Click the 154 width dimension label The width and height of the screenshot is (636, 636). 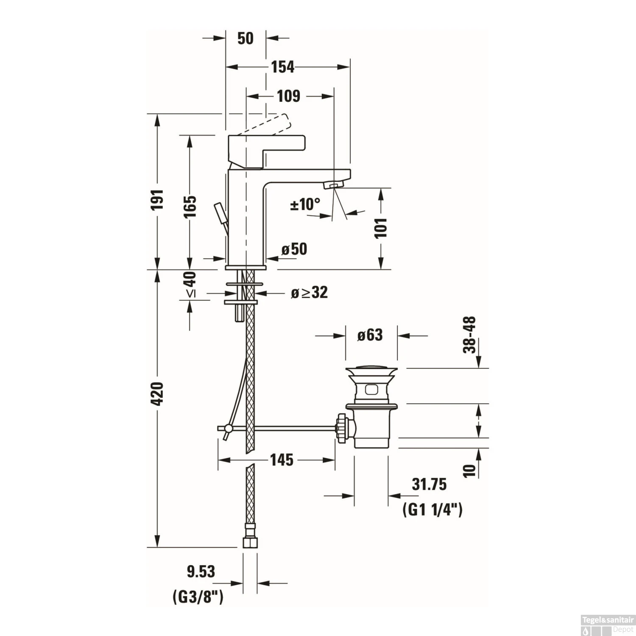coord(282,67)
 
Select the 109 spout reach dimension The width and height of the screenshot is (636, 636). coord(288,96)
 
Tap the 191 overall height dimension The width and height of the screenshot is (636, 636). coord(157,199)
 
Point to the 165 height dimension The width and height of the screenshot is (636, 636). coord(190,206)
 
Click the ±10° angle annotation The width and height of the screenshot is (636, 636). coord(305,204)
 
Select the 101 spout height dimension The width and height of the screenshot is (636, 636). coord(381,228)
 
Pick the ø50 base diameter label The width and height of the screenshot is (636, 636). coord(294,249)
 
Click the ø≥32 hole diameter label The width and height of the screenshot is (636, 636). coord(309,293)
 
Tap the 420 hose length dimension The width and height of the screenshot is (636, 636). coord(157,393)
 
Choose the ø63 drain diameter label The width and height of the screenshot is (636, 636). coord(370,335)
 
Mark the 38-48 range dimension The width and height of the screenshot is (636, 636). coord(469,335)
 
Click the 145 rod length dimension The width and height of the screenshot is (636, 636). coord(282,460)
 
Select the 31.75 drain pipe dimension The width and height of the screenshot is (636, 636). coord(429,484)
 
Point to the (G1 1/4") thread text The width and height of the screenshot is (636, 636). coord(432,509)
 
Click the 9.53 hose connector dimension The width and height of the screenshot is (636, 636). coord(201,572)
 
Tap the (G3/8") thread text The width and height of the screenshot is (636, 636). coord(198,597)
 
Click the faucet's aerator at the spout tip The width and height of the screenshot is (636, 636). coord(333,185)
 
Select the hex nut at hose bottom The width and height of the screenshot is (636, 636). coord(250,542)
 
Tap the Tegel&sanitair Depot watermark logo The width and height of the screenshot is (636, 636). coord(608,625)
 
